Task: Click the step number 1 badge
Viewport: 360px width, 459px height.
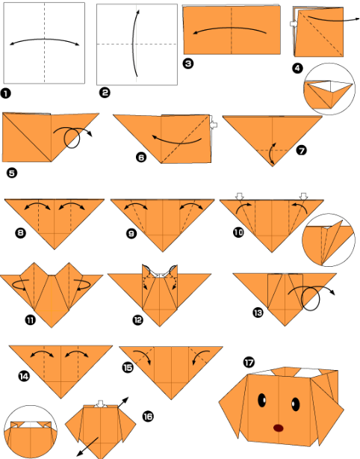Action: [x=5, y=93]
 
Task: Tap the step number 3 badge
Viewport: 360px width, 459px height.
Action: [x=188, y=64]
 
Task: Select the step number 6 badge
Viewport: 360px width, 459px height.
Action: [x=141, y=158]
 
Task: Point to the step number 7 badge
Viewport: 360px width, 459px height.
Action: [x=301, y=150]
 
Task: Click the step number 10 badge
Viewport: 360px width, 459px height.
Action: [x=238, y=232]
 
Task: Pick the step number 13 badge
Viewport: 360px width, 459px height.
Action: [x=258, y=313]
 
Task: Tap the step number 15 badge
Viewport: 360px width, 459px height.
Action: [x=128, y=367]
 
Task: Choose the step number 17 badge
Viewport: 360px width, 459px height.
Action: [x=249, y=363]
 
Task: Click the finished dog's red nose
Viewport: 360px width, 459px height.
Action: [x=279, y=428]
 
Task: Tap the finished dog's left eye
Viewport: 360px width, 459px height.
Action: [x=261, y=400]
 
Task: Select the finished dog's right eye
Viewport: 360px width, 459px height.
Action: [x=296, y=404]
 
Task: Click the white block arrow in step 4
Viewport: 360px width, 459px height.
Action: [x=294, y=24]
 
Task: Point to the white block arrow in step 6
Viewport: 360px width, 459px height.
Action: [x=214, y=125]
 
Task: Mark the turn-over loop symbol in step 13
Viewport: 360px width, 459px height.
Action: [x=311, y=298]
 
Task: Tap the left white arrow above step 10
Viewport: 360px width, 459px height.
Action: [x=240, y=197]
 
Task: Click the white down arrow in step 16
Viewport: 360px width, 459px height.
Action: [x=101, y=404]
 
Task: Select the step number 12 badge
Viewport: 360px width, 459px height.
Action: [x=137, y=320]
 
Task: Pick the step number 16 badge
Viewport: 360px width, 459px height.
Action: [x=148, y=416]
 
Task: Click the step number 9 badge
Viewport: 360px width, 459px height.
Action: [x=131, y=233]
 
